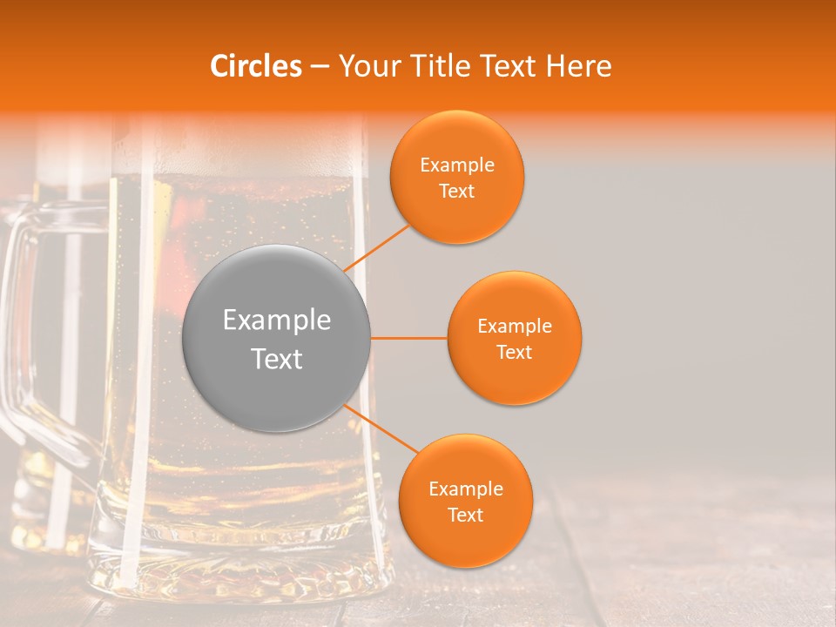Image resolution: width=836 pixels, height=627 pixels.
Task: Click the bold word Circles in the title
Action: pyautogui.click(x=256, y=66)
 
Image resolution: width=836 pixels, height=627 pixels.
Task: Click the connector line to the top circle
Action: pyautogui.click(x=377, y=246)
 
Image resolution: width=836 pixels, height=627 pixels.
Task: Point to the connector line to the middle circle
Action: pyautogui.click(x=408, y=338)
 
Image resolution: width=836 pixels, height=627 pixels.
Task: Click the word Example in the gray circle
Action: pyautogui.click(x=276, y=320)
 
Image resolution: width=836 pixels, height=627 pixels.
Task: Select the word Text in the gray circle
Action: pyautogui.click(x=276, y=359)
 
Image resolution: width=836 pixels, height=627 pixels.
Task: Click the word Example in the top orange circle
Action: pyautogui.click(x=457, y=165)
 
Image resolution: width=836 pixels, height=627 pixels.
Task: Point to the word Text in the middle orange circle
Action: pyautogui.click(x=515, y=352)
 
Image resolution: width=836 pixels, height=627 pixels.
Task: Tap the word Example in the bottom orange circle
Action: pyautogui.click(x=466, y=489)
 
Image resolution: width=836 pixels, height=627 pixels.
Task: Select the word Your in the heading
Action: pyautogui.click(x=361, y=66)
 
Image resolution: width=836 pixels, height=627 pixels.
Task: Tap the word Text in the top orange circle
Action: pyautogui.click(x=457, y=191)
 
